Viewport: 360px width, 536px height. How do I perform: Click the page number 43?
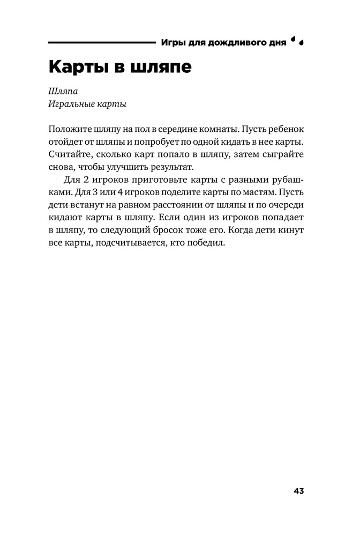[x=298, y=490]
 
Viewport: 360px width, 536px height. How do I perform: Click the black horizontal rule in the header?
[x=101, y=42]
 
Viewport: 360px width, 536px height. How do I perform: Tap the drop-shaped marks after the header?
[x=297, y=41]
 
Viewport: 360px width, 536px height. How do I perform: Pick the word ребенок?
[x=289, y=130]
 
